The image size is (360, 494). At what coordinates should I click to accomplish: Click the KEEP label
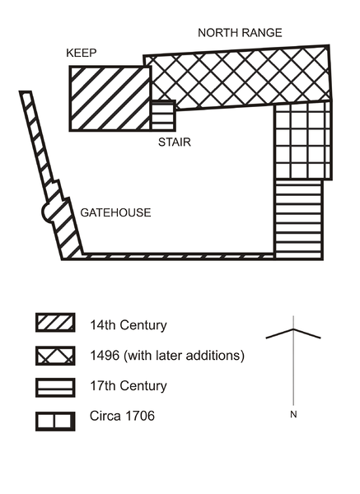click(81, 53)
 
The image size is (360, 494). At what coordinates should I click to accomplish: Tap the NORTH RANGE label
click(240, 33)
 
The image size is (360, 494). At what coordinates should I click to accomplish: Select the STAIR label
click(175, 142)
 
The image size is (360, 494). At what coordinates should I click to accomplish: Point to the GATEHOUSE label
click(115, 212)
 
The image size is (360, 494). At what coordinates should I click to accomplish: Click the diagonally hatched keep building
click(110, 98)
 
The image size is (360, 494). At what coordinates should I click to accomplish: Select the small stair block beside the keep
click(163, 115)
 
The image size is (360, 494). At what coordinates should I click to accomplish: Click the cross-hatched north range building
click(240, 78)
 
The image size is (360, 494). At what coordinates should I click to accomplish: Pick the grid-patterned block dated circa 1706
click(303, 141)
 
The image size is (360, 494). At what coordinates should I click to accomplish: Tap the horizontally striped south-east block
click(299, 220)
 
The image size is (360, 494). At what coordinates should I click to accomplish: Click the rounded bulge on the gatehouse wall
click(45, 212)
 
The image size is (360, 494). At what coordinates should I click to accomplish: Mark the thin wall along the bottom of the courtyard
click(179, 256)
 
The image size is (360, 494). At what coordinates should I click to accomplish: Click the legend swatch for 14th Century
click(55, 322)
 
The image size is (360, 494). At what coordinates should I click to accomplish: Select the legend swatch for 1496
click(55, 356)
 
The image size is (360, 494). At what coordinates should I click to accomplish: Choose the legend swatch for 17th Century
click(55, 388)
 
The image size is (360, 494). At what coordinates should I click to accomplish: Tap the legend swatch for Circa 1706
click(55, 422)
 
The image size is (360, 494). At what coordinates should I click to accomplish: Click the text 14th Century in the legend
click(129, 325)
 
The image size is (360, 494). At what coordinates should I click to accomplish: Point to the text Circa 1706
click(122, 416)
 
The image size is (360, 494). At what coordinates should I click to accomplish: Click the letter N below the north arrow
click(293, 415)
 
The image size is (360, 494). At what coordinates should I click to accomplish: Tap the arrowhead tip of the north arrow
click(293, 329)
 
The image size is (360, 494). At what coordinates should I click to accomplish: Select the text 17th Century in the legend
click(129, 385)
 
